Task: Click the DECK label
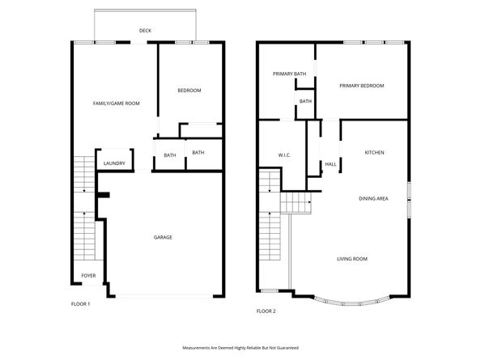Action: click(x=145, y=31)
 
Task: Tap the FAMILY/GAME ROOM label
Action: click(x=117, y=104)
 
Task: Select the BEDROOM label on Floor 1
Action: click(x=189, y=90)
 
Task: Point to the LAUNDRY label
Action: click(x=114, y=163)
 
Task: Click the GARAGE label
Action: click(x=163, y=237)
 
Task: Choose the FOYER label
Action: click(x=88, y=276)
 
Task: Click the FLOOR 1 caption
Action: click(x=81, y=303)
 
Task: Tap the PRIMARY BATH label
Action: click(x=289, y=74)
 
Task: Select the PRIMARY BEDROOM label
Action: click(x=361, y=86)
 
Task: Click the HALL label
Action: click(x=330, y=164)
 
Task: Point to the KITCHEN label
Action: click(x=373, y=153)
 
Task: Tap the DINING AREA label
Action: click(x=373, y=198)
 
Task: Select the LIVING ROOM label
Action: click(x=352, y=259)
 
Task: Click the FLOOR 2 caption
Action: click(x=266, y=311)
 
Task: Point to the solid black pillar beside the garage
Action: click(x=103, y=195)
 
